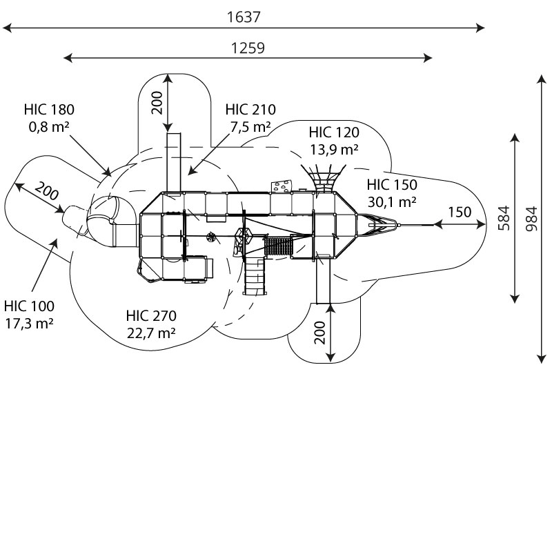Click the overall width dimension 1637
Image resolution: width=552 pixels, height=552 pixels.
pos(244,17)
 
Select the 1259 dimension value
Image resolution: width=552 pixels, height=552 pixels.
pos(248,48)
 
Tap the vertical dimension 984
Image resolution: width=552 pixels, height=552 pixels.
pos(531,219)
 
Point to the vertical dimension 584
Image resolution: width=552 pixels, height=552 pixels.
pos(504,218)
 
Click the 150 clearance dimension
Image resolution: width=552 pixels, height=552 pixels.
pos(460,212)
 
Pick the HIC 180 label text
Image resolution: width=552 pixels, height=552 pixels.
pos(49,110)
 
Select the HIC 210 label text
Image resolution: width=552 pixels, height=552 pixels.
pos(250,110)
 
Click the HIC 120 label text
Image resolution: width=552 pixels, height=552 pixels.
pos(334,132)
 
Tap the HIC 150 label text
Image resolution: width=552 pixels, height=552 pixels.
pos(392,185)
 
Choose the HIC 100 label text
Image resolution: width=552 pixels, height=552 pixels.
pos(29,306)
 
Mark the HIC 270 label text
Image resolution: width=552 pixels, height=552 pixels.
pos(151,316)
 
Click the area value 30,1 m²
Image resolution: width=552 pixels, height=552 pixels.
pos(392,202)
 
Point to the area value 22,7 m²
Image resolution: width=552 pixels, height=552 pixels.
pos(151,333)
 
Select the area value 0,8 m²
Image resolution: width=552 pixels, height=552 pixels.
pos(49,127)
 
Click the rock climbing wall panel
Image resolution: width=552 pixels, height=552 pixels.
pos(282,186)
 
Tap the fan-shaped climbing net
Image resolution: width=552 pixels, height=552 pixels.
pos(323,178)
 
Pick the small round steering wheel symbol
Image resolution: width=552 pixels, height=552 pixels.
pos(211,237)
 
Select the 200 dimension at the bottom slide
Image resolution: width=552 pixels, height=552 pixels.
pos(319,333)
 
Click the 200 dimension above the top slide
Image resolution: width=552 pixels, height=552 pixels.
pos(157,103)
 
